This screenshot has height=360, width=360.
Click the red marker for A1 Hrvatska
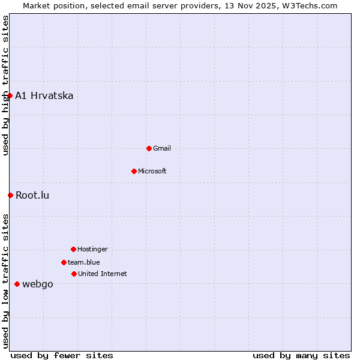point(10,95)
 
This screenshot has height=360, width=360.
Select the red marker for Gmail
point(149,148)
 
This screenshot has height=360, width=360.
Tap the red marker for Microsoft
point(134,171)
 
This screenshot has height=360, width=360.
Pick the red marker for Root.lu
point(10,195)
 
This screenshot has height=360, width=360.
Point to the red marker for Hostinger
point(73,249)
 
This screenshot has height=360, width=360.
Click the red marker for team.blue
point(64,262)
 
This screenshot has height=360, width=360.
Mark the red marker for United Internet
point(74,274)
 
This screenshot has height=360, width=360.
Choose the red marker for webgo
point(17,284)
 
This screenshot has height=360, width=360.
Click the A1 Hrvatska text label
point(44,96)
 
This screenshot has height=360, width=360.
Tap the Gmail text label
point(162,148)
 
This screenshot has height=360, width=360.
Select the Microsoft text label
point(152,171)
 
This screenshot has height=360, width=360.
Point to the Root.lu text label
point(32,195)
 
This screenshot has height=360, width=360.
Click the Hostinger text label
point(92,249)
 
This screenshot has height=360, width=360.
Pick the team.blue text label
point(84,262)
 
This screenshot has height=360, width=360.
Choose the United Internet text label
point(103,274)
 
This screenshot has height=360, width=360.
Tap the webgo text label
point(38,284)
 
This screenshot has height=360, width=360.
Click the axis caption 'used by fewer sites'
point(62,355)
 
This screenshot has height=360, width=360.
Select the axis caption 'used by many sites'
point(301,355)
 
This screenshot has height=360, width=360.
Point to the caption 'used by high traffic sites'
point(5,85)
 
